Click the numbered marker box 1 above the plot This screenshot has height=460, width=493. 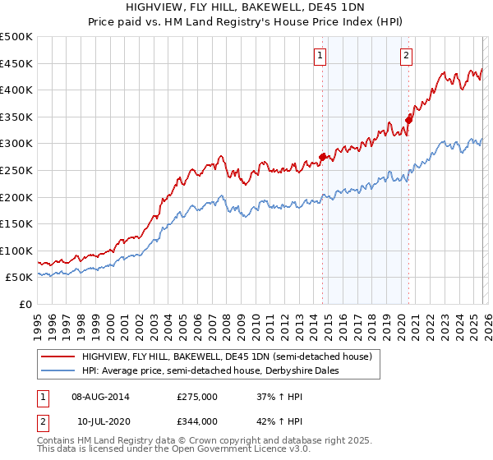coord(319,56)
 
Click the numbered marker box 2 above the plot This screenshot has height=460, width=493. coord(407,56)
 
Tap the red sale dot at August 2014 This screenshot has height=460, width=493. coord(322,157)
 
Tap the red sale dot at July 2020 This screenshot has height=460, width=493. coord(408,120)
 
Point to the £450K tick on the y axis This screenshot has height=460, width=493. coord(16,63)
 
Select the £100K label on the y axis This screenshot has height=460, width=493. coord(16,251)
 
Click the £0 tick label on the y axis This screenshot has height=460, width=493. coord(25,304)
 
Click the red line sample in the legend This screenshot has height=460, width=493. coord(58,356)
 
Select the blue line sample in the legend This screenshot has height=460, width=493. coord(58,370)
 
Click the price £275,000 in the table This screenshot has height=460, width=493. coord(197,397)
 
